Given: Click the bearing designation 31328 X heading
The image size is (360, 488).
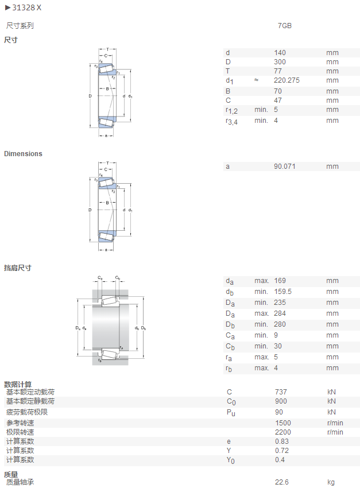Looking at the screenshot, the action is pos(27,8).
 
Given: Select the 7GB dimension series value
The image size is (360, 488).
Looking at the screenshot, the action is pos(285,26).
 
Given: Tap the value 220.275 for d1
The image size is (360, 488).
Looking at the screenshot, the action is pos(287,80).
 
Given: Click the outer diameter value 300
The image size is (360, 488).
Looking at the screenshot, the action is pos(280,62).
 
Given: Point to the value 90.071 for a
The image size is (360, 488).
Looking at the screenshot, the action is pos(284,166).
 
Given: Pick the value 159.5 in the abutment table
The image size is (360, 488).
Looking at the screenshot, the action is pos(282,292).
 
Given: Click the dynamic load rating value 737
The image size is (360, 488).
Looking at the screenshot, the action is pos(281,392).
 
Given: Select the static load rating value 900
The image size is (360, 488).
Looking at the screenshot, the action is pos(281,401).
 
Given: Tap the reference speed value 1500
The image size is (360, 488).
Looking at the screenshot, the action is pos(283,423).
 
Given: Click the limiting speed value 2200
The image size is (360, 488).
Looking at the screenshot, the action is pos(283,432).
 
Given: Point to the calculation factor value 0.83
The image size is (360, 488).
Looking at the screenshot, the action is pos(281,441).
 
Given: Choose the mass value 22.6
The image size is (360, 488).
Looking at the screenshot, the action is pos(281,482).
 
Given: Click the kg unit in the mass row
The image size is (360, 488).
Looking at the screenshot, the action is pos(331,482).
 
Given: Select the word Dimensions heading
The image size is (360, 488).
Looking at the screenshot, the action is pos(23,154).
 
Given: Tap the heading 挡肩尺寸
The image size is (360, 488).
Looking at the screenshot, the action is pos(18,268).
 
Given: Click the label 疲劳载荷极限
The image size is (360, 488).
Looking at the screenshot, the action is pos(27,412).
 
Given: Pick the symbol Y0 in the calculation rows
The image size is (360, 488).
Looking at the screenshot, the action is pos(231,460).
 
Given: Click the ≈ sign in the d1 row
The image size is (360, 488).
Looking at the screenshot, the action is pos(257,80).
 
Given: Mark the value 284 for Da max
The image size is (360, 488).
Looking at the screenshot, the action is pos(280,313).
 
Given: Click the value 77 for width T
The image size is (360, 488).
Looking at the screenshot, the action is pos(277,71).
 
